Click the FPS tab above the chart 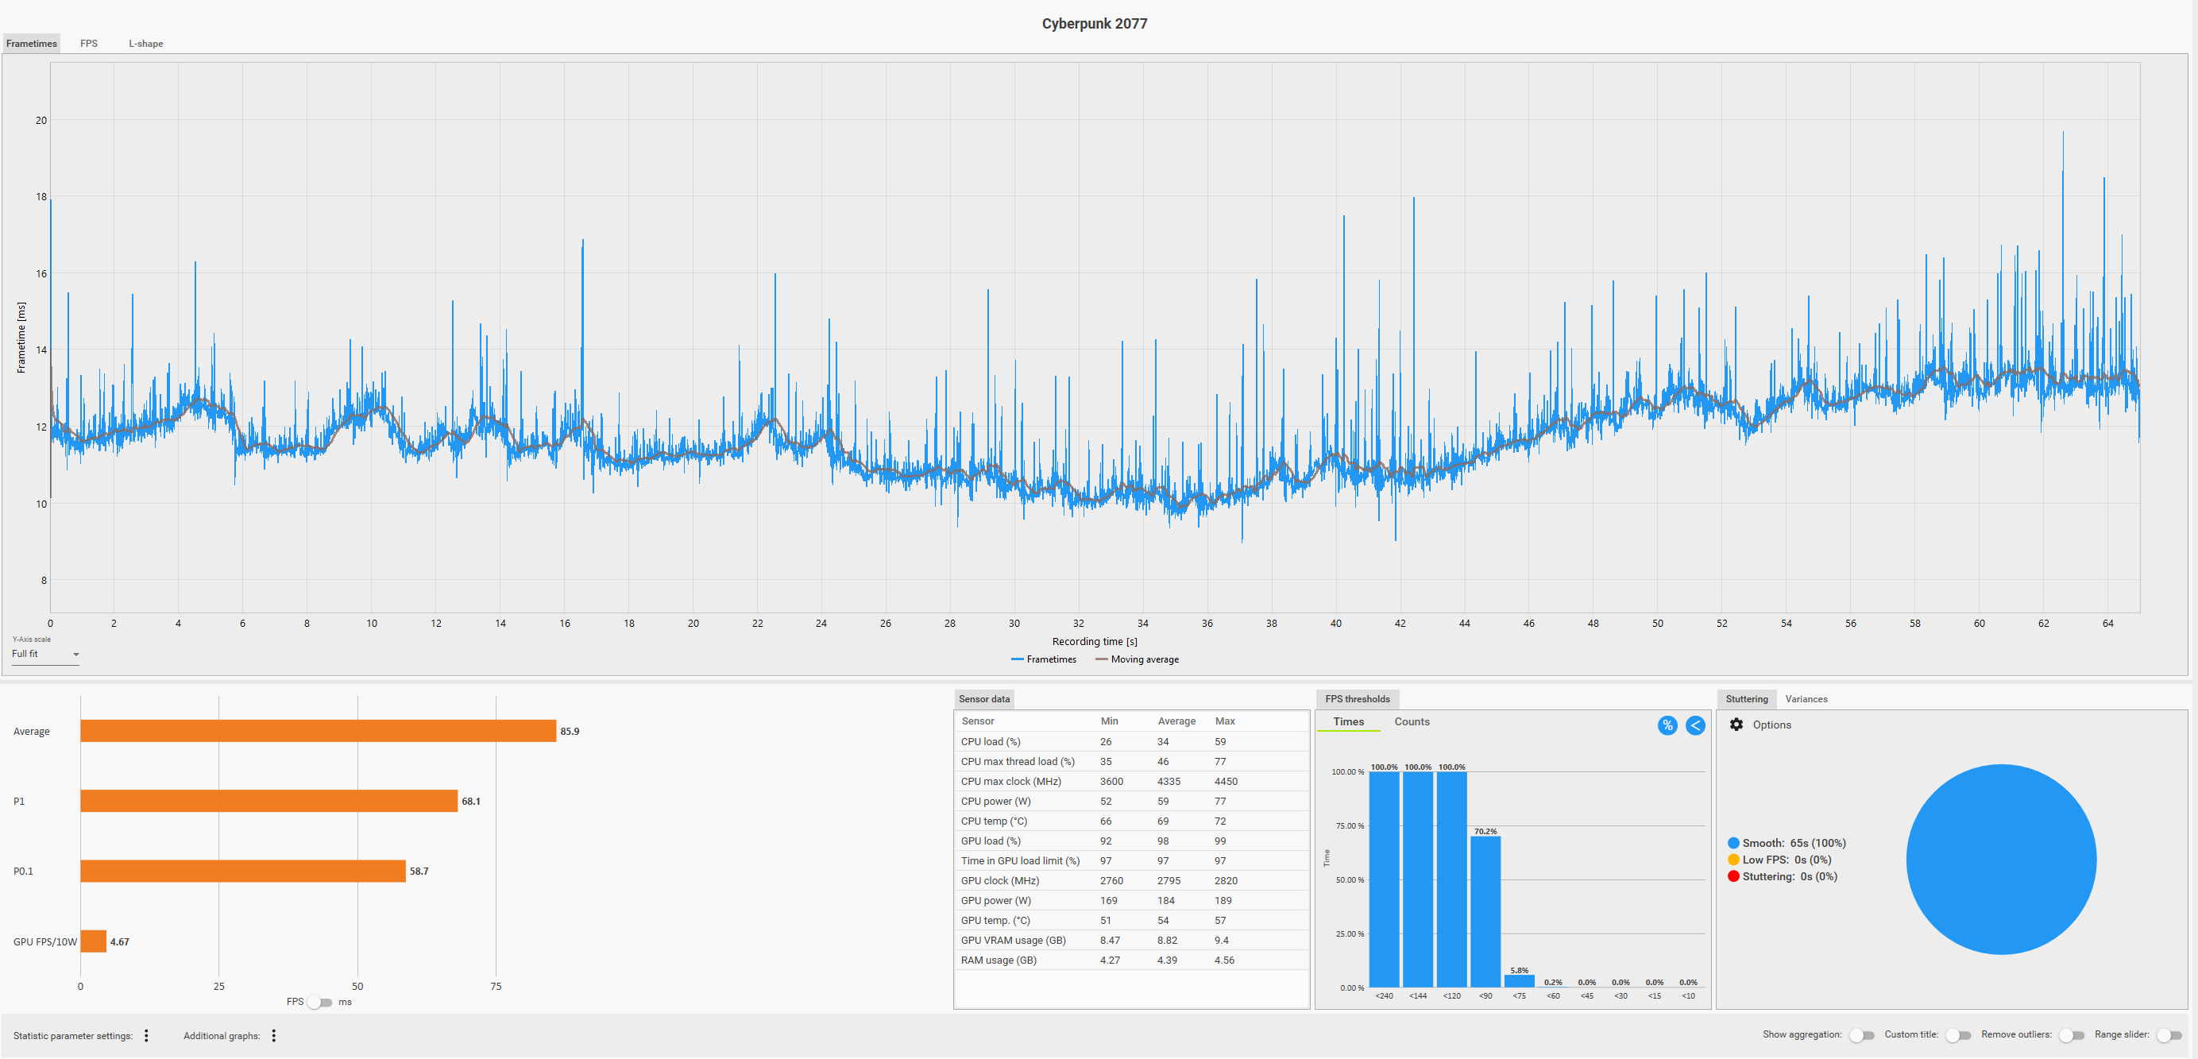point(89,44)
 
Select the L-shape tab point(146,44)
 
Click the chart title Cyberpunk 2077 point(1094,24)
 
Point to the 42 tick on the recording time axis point(1400,624)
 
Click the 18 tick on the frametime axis point(41,197)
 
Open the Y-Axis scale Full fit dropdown point(45,655)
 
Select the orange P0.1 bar point(243,872)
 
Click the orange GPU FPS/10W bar point(94,941)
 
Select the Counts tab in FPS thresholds point(1412,722)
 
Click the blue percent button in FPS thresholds point(1667,725)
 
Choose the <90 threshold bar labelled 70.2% point(1485,911)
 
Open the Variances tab point(1806,699)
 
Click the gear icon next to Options point(1736,725)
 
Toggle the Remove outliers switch point(2072,1035)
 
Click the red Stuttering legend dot point(1733,876)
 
